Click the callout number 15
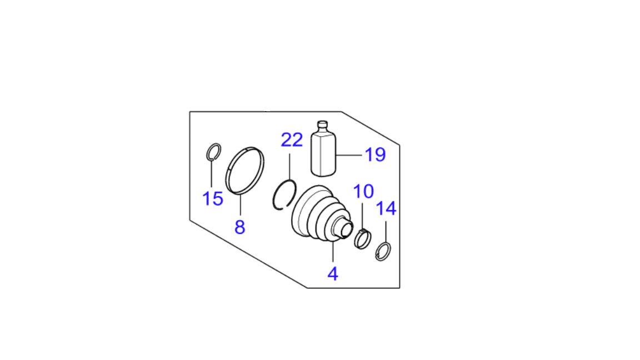pos(213,199)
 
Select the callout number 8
pos(239,227)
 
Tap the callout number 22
pos(292,140)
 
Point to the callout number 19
pos(375,154)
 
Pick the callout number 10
pos(363,192)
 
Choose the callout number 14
pos(386,208)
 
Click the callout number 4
pos(333,274)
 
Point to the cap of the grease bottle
pos(322,124)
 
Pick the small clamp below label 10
pos(363,239)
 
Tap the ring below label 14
pos(383,252)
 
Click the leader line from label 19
pos(348,155)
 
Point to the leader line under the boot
pos(333,251)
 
